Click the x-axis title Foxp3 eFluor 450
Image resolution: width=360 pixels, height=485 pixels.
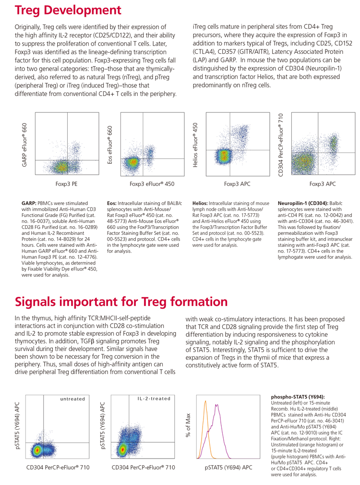click(x=149, y=183)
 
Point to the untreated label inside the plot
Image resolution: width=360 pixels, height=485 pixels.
click(x=72, y=399)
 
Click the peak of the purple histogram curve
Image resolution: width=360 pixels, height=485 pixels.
click(x=217, y=405)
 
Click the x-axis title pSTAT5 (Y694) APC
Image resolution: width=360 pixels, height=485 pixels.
click(x=228, y=467)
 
